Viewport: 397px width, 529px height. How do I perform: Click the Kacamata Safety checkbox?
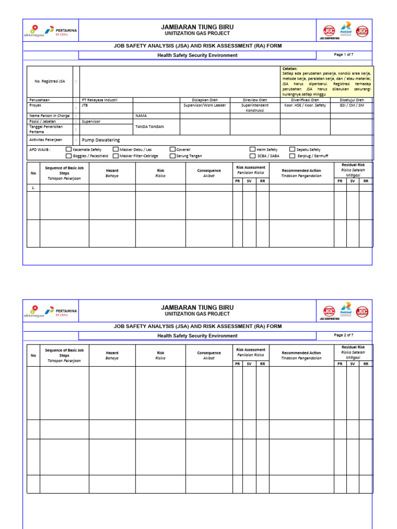point(69,149)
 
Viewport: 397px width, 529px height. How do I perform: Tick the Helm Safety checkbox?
point(253,149)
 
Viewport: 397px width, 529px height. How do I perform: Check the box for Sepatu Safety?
point(293,149)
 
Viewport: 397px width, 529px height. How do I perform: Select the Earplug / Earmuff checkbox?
point(293,155)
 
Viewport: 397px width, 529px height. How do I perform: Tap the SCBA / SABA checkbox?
point(253,155)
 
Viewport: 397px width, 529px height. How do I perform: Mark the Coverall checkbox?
point(173,149)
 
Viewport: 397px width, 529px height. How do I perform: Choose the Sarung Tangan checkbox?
point(173,155)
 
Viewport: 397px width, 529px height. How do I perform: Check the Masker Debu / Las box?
point(116,149)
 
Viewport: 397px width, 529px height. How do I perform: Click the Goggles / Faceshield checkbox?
point(69,155)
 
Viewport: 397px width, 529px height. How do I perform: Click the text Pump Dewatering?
point(101,140)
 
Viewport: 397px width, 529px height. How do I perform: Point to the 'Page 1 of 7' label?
point(344,54)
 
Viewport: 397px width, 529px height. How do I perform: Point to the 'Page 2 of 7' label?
point(344,335)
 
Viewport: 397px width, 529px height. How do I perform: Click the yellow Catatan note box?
point(327,81)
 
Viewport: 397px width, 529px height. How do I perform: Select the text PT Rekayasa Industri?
point(100,100)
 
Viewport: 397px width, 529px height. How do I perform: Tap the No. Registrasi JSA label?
point(50,81)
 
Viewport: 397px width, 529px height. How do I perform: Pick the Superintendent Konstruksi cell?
point(255,108)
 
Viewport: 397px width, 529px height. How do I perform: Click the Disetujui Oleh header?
point(352,100)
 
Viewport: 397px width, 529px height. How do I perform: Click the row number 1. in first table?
point(34,188)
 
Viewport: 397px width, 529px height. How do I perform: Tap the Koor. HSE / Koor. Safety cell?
point(305,105)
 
